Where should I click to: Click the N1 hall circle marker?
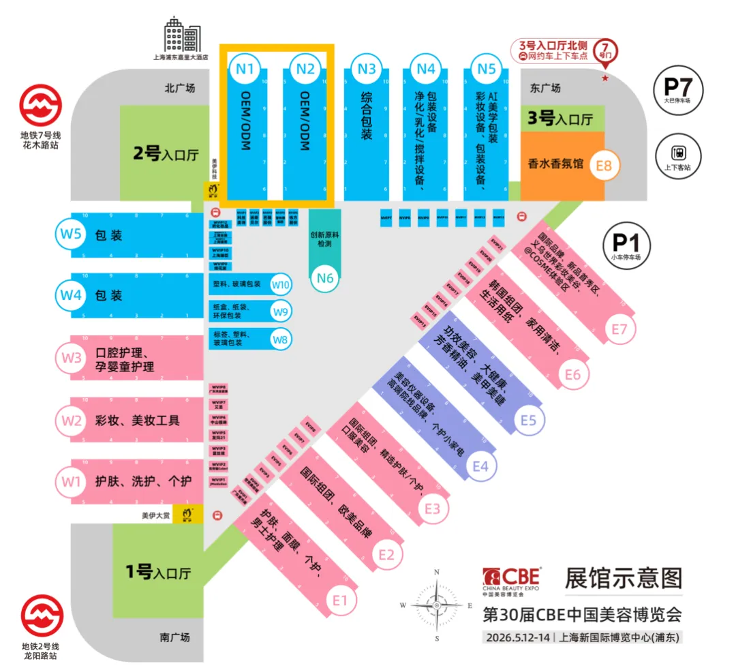(245, 68)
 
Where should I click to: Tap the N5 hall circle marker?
(486, 68)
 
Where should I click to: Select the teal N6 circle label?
(325, 277)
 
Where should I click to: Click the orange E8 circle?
(604, 165)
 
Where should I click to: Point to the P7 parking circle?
(677, 89)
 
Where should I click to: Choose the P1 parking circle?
(626, 243)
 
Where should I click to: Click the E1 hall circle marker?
(341, 601)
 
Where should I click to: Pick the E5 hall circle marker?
(529, 420)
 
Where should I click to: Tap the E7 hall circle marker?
(618, 329)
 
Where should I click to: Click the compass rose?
(436, 605)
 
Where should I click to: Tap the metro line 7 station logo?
(40, 107)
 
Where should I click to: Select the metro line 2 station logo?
(40, 616)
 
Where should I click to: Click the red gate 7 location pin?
(604, 51)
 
